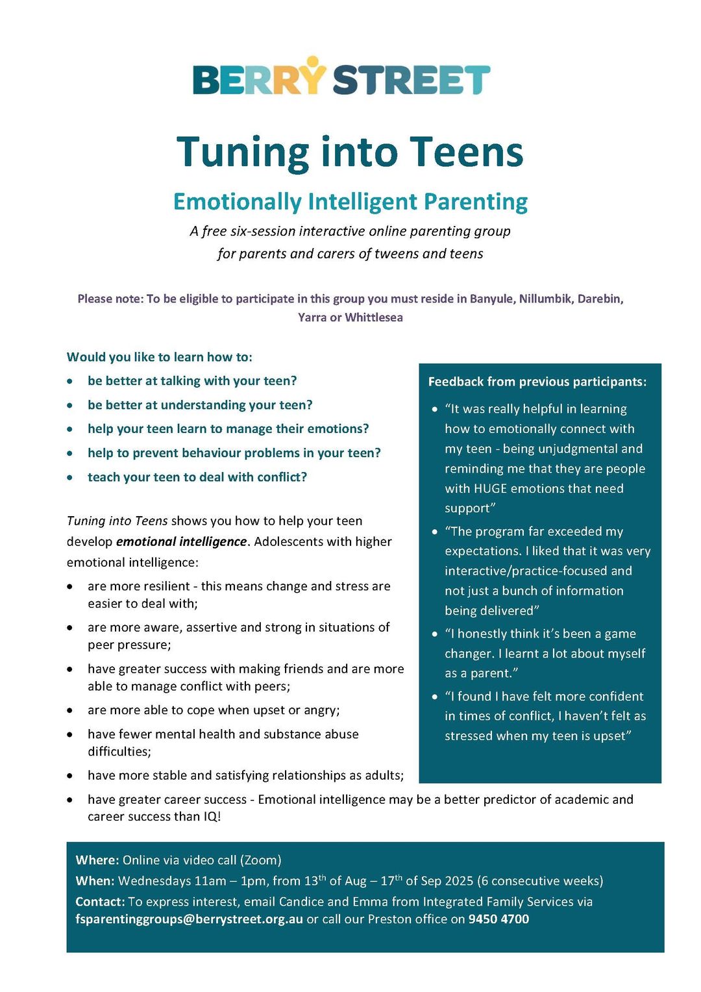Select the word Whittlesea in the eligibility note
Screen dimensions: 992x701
[374, 317]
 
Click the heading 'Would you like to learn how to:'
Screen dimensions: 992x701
[160, 357]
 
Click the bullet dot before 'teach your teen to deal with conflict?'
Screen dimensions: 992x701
[70, 478]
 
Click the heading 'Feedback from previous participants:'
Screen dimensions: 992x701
[537, 382]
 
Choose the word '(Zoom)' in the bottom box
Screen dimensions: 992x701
[260, 860]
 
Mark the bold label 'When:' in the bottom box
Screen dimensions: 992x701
[95, 881]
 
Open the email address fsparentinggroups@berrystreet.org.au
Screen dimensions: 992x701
[189, 919]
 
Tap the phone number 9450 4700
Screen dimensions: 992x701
[498, 919]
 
